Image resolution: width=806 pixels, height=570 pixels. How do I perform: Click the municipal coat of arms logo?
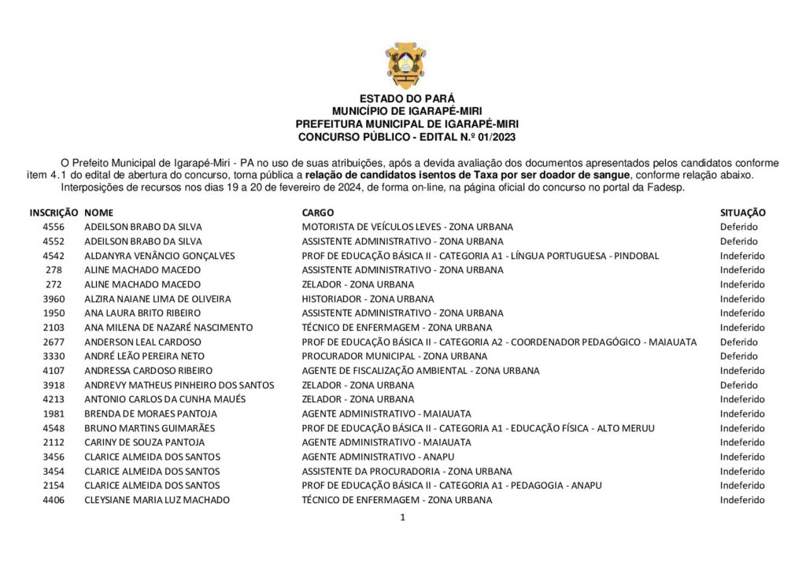pos(405,65)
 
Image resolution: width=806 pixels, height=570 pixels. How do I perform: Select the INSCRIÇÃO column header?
pos(54,213)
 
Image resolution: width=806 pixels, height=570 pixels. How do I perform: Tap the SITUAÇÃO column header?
pos(743,213)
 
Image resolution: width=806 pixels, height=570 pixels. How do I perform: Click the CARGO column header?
pos(317,213)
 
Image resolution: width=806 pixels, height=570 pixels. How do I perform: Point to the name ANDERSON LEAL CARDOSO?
pos(142,342)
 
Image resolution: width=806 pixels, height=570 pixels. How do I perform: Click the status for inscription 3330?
pos(738,356)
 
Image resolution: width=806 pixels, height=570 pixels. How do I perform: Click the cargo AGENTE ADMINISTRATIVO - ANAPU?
pos(378,457)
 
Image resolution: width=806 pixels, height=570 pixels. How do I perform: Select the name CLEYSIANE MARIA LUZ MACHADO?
pos(157,500)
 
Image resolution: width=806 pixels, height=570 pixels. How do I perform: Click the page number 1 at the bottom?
pos(402,517)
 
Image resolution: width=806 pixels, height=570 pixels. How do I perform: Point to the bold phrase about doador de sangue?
pos(468,174)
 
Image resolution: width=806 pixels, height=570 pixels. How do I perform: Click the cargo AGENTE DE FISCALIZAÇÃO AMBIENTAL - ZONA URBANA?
pos(420,371)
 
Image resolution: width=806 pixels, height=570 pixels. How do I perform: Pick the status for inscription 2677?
pos(738,342)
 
